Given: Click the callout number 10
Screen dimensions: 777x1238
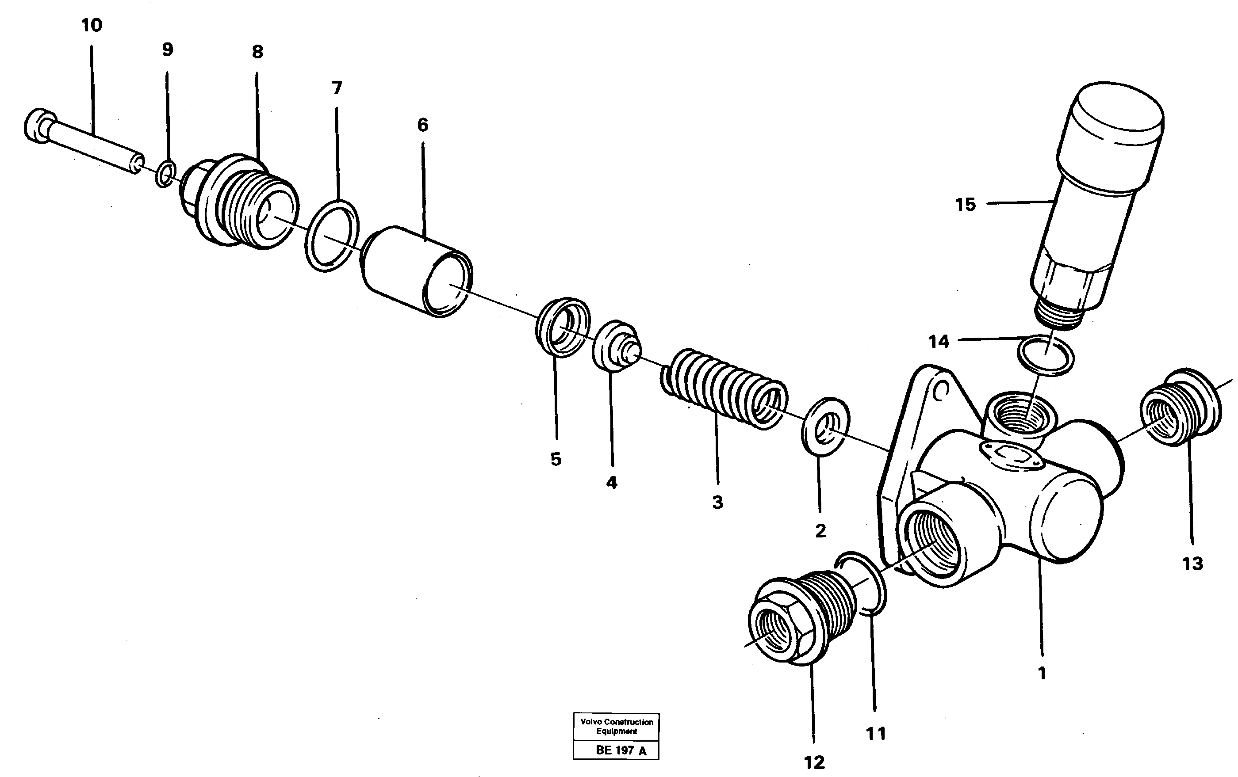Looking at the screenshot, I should click(x=92, y=25).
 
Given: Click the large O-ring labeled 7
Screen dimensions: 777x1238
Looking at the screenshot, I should click(x=332, y=236).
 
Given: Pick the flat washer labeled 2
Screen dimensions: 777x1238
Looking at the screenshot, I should click(x=826, y=426).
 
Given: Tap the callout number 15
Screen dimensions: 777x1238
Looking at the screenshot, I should click(x=965, y=205).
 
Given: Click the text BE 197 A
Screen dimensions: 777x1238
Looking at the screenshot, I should click(x=621, y=750).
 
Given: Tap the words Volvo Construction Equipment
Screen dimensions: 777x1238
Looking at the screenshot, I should click(x=617, y=726).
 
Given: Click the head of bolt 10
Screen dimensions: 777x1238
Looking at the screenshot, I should click(x=39, y=126).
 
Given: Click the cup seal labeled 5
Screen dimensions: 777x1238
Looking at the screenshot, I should click(x=563, y=327).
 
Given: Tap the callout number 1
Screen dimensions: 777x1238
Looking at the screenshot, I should click(x=1042, y=673).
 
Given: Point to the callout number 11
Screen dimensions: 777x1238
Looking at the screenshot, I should click(x=876, y=734).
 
